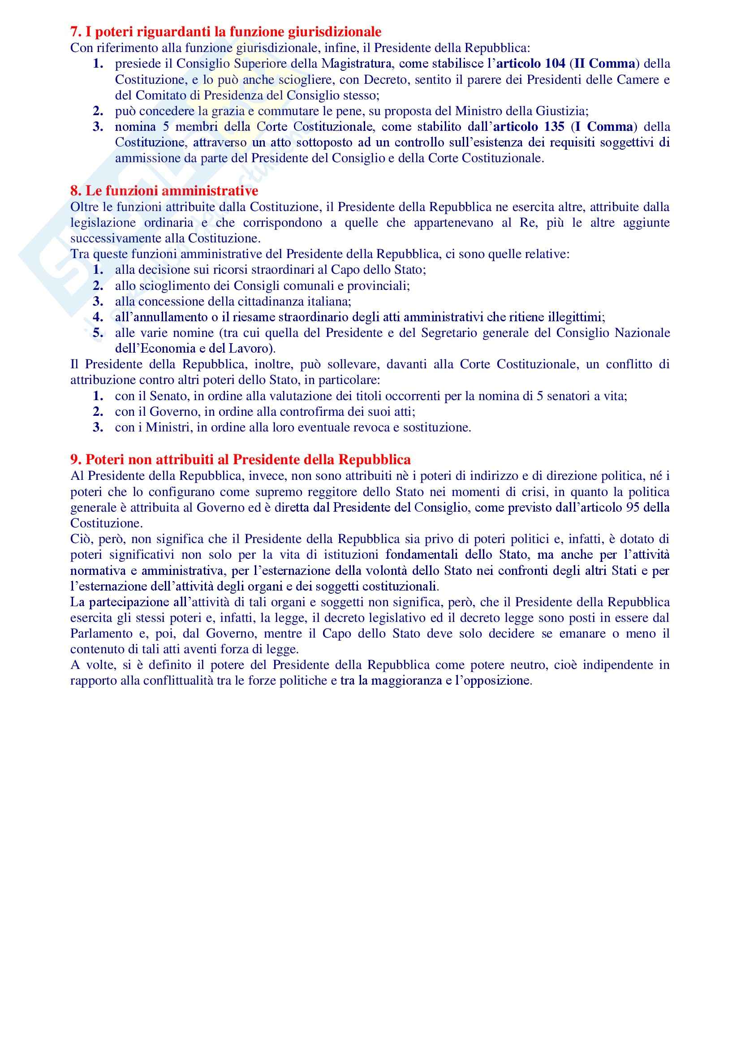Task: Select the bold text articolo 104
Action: (530, 64)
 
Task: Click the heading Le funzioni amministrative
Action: (172, 191)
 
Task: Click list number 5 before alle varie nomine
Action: (98, 333)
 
